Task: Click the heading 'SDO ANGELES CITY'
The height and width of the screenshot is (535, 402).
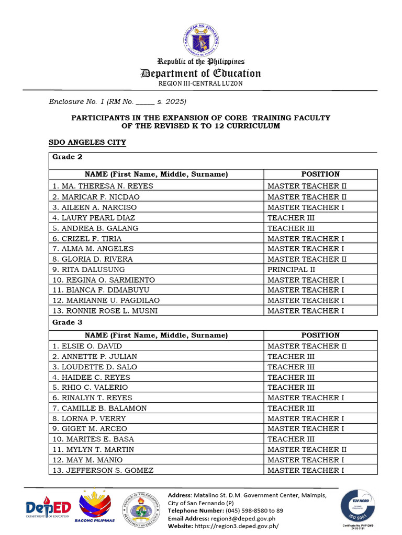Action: (87, 142)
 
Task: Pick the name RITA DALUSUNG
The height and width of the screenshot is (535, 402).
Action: (88, 269)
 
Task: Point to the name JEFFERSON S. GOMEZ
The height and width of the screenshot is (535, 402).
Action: (103, 470)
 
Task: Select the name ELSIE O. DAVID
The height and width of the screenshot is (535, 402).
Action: (87, 346)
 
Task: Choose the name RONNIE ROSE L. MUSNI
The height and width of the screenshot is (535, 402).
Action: (105, 311)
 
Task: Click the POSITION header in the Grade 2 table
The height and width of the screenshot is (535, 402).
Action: (320, 174)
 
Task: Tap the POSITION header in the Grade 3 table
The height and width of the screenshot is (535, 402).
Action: (320, 335)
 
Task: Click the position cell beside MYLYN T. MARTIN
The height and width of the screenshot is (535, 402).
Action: (307, 449)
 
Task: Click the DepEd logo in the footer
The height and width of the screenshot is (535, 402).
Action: (48, 508)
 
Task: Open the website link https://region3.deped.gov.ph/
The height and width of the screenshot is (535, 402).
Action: (236, 526)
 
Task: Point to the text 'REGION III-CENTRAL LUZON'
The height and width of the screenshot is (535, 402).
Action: (200, 84)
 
